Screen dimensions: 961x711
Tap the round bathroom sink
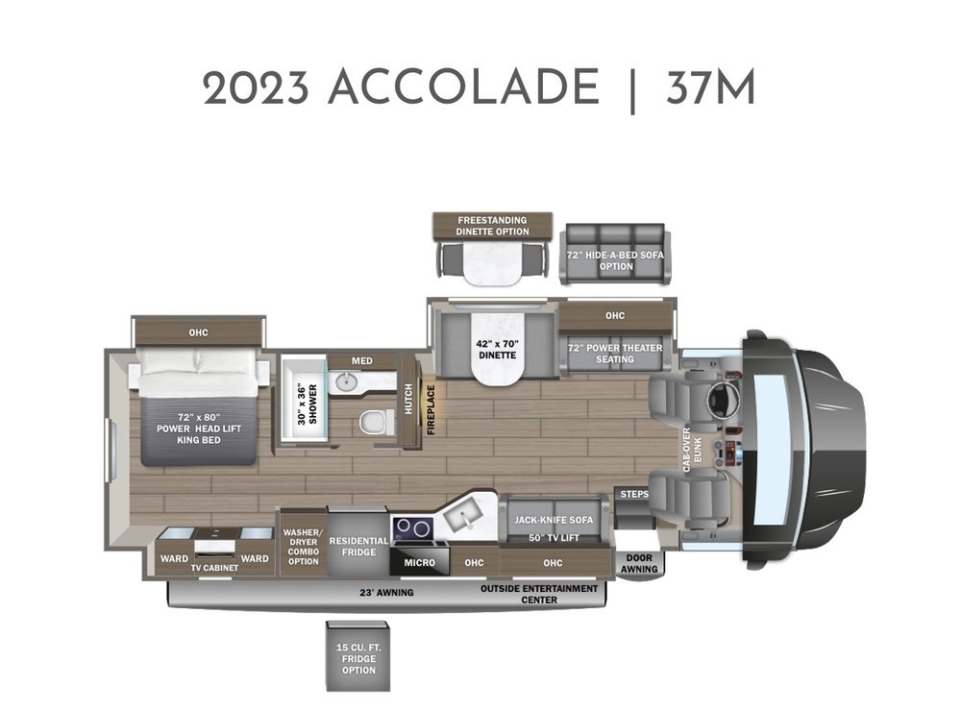tap(344, 382)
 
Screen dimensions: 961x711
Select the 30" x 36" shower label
tap(308, 404)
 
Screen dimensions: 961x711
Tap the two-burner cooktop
tap(412, 528)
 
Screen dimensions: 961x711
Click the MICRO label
tap(420, 562)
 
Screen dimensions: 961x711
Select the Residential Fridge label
tap(358, 546)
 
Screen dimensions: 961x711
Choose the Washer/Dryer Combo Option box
tap(304, 542)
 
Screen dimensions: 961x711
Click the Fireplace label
tap(431, 409)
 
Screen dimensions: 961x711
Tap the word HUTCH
tap(408, 399)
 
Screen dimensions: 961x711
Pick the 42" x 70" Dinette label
tap(497, 350)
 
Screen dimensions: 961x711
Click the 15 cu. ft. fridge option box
tap(357, 656)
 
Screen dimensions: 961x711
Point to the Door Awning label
tap(639, 563)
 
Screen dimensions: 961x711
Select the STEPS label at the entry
tap(634, 494)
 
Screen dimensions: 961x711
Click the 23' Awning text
tap(386, 593)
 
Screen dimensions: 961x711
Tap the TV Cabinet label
tap(214, 568)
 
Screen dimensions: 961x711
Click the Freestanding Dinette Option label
tap(492, 226)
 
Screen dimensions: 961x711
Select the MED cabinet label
tap(361, 361)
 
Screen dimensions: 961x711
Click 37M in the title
tap(710, 87)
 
